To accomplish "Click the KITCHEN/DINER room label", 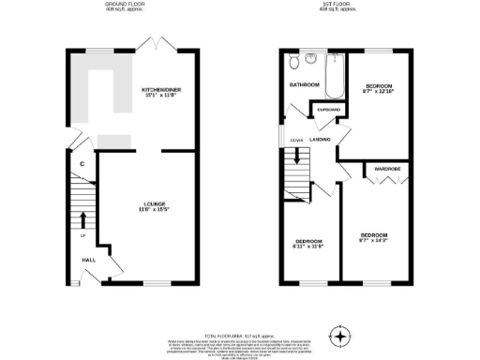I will (x=162, y=89).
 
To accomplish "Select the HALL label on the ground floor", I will (x=88, y=260).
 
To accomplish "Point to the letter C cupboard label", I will (x=82, y=165).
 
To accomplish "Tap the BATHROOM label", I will (x=304, y=85).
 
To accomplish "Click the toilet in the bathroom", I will (x=295, y=62).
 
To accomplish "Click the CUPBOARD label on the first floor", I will (x=329, y=109).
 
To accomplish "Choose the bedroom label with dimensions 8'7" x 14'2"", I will (x=374, y=236).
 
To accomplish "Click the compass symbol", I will (x=340, y=336).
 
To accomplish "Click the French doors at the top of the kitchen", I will (x=150, y=43).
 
